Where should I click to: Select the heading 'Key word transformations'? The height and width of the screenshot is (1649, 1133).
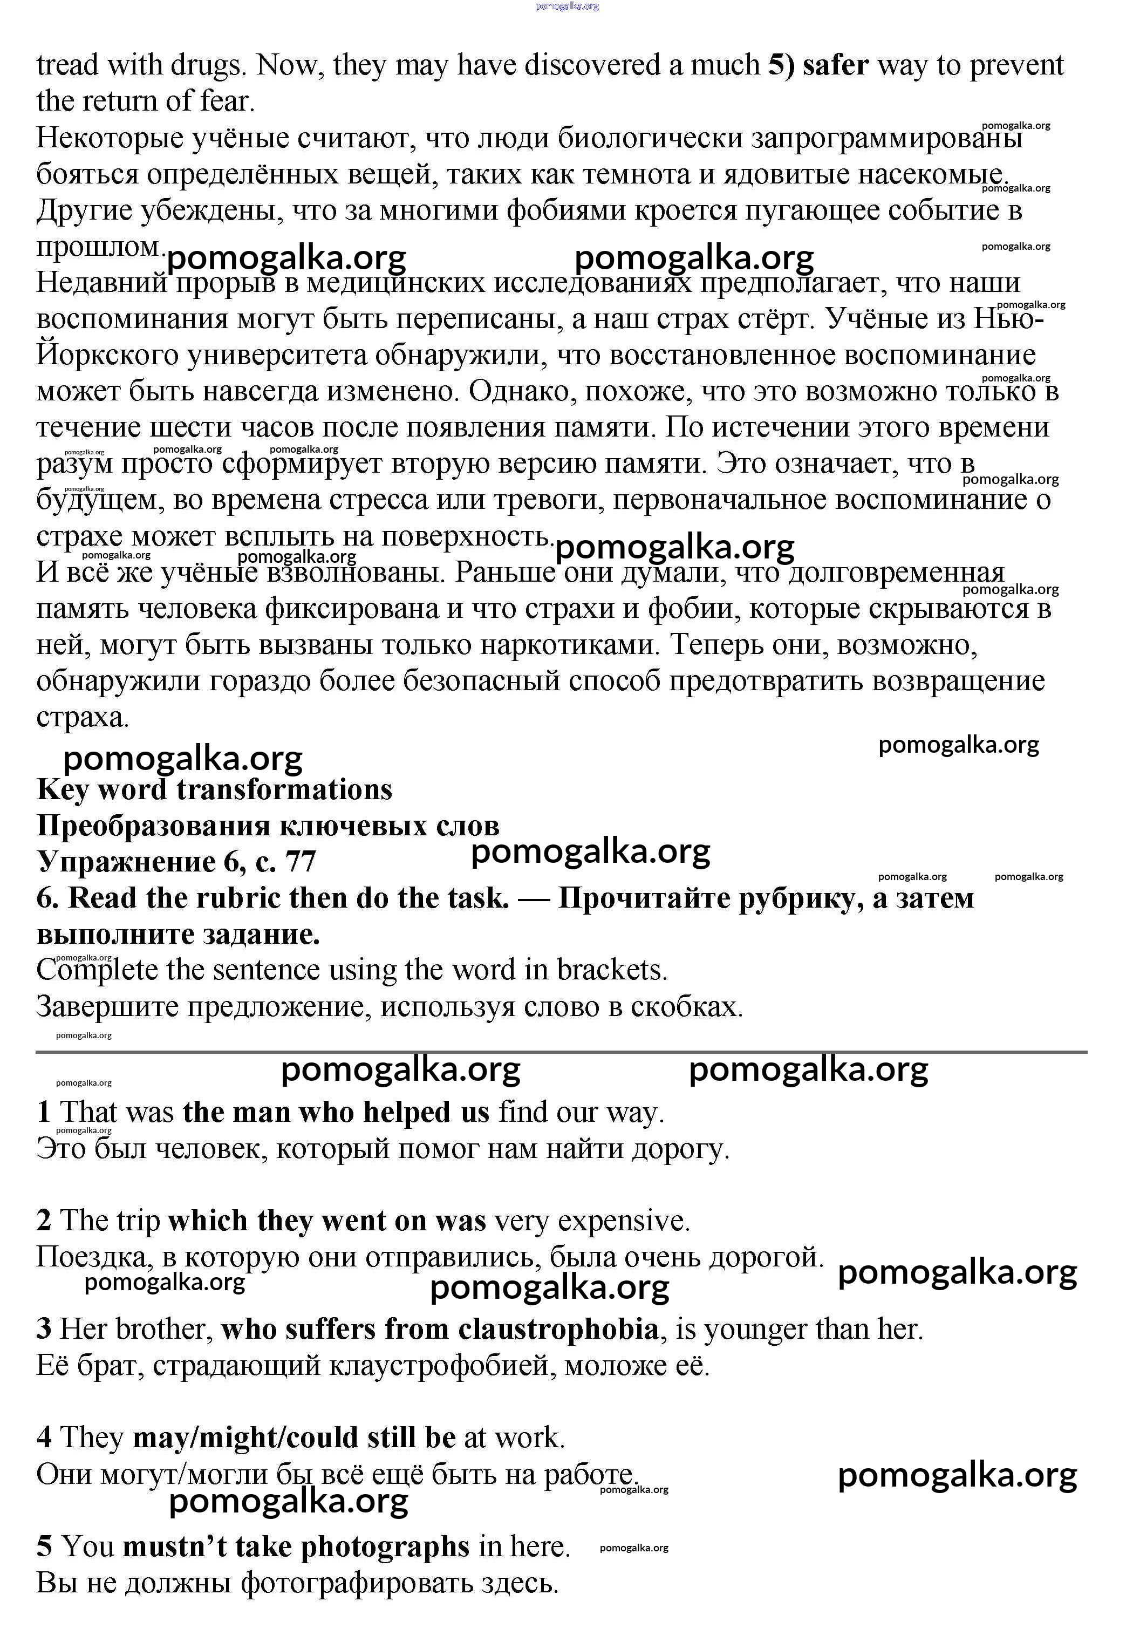[214, 789]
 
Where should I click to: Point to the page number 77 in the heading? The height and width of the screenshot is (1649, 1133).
[301, 862]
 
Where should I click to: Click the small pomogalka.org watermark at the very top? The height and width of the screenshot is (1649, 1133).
[566, 6]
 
